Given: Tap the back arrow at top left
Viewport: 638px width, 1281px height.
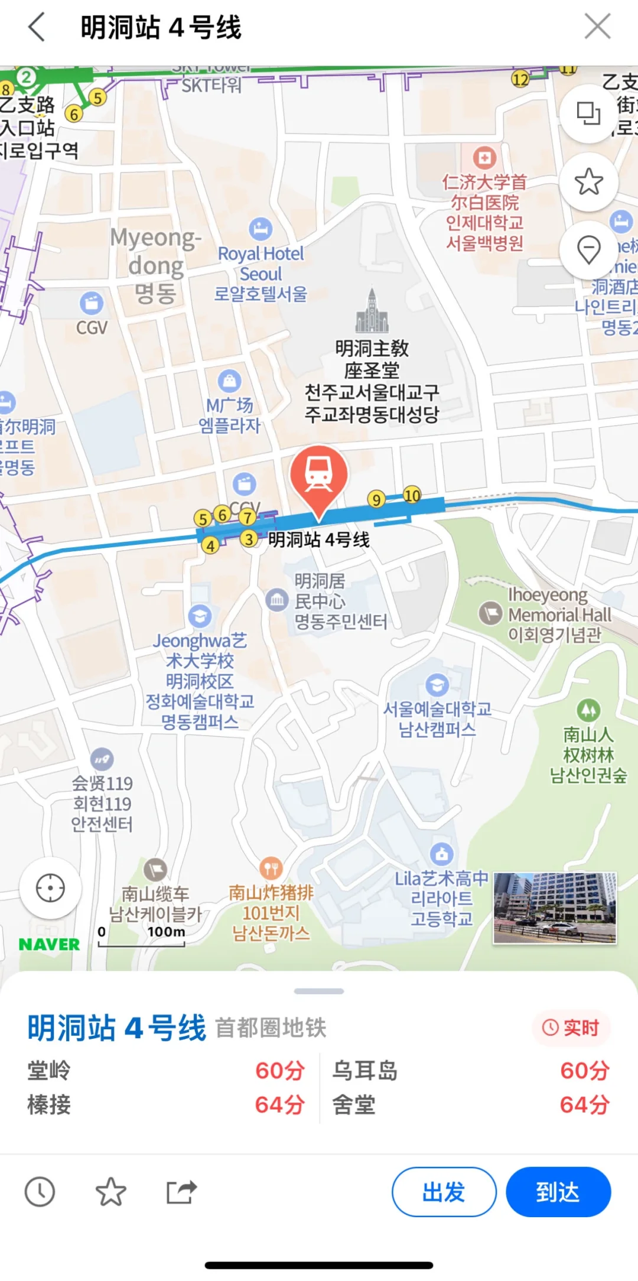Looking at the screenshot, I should point(37,27).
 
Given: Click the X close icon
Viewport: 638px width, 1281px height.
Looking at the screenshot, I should point(597,27).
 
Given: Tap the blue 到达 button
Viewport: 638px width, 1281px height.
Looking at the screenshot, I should point(558,1192).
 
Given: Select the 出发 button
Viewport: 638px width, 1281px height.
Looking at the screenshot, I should point(444,1192).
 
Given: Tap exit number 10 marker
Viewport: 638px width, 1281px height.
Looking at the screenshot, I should point(412,495).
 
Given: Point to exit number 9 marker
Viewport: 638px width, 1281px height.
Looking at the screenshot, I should point(376,500).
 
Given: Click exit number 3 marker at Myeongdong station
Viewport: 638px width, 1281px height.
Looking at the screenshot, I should point(249,539).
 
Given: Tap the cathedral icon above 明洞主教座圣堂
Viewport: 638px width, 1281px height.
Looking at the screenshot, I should point(372,311).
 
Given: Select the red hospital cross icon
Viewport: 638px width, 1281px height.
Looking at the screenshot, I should point(484,158).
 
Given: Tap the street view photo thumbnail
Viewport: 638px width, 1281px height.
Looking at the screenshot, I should point(555,908).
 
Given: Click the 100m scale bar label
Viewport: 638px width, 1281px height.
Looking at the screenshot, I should point(166,932).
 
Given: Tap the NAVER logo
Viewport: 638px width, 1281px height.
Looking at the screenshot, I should point(49,945).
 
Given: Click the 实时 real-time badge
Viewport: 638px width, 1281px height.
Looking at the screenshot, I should point(571,1028).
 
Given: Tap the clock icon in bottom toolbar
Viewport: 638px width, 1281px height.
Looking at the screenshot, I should point(40,1192).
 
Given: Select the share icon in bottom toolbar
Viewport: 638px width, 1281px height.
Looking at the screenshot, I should point(181,1192).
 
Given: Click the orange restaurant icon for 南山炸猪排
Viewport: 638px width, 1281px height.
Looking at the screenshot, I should point(271,868).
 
